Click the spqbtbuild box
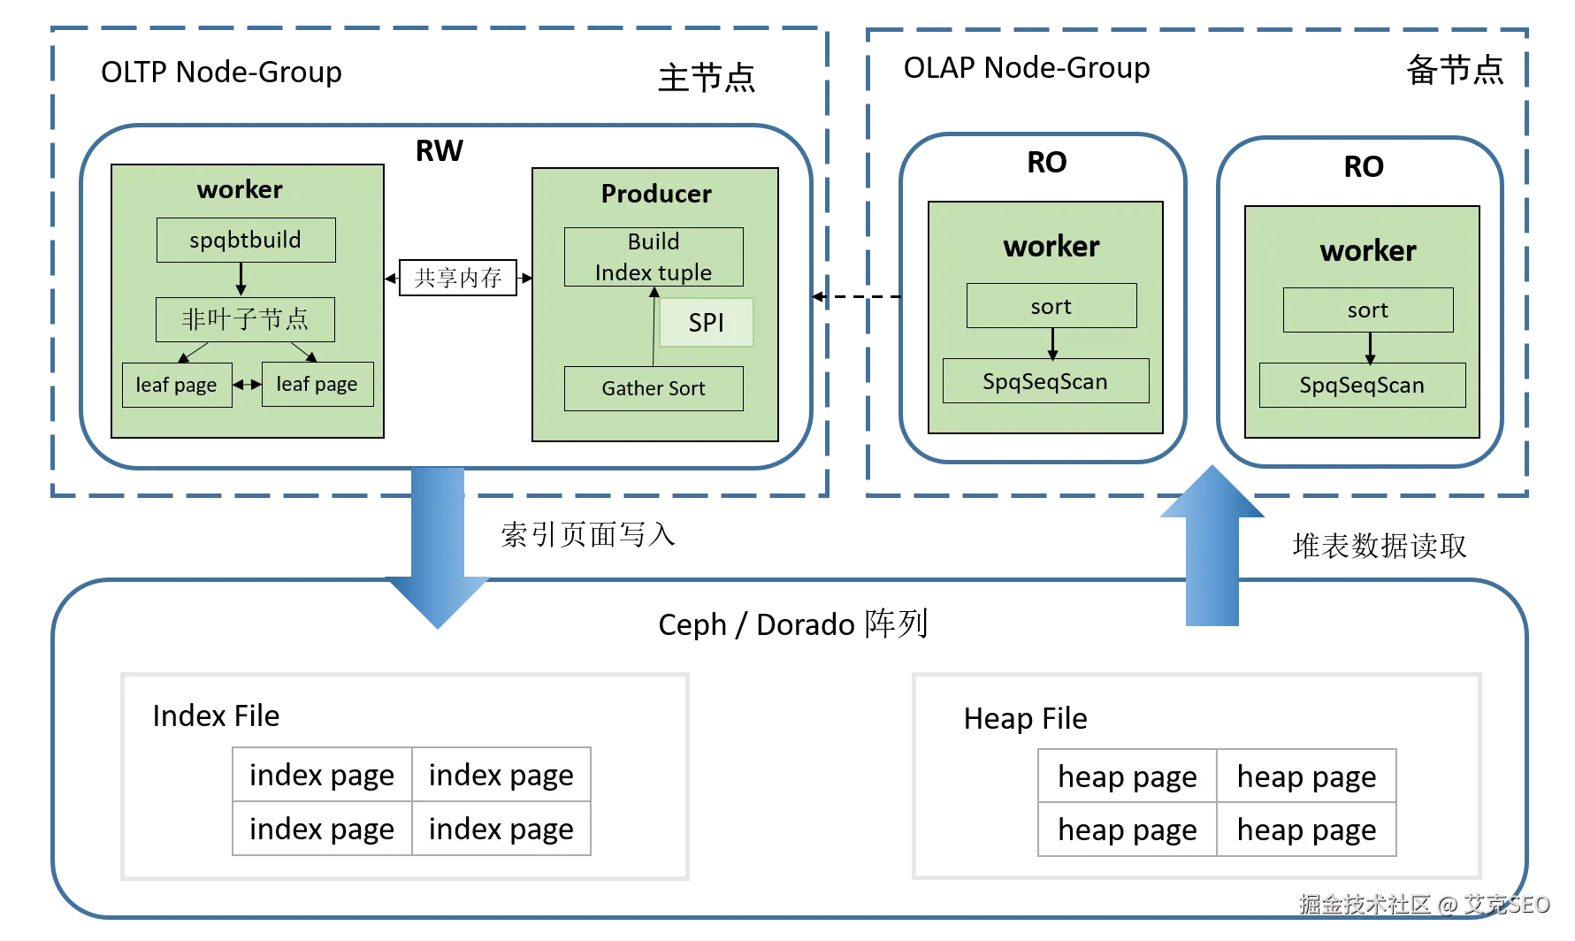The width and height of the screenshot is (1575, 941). tap(246, 240)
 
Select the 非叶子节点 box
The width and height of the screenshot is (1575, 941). tap(245, 319)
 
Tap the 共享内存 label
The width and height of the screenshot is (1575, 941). tap(457, 278)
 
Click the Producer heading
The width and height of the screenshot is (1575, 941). tap(656, 194)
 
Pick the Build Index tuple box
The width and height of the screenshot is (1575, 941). tap(654, 256)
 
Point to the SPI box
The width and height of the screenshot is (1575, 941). tap(706, 323)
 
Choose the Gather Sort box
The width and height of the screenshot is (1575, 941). tap(654, 388)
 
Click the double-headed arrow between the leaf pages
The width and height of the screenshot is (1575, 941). tap(247, 385)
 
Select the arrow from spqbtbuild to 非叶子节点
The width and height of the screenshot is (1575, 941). tap(241, 279)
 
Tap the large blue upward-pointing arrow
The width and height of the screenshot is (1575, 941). tap(1212, 548)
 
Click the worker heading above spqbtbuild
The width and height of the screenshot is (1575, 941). tap(240, 189)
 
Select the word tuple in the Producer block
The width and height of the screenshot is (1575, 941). tap(684, 273)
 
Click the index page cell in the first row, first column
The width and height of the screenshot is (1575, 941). tap(321, 775)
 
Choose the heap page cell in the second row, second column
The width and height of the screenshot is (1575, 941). tap(1306, 830)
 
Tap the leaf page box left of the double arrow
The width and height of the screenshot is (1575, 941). tap(177, 385)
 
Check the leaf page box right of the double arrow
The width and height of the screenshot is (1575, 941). tap(317, 384)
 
